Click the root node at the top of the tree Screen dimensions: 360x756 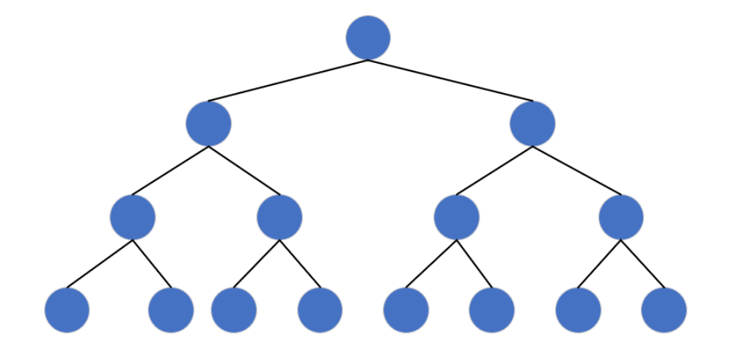[x=368, y=37]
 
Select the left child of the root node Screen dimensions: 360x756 [x=208, y=123]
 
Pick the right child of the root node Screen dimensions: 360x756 [x=532, y=123]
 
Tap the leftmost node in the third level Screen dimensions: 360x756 [x=133, y=217]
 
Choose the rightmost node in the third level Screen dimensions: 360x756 [x=621, y=217]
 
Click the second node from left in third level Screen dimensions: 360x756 [x=279, y=217]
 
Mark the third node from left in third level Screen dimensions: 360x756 [x=456, y=217]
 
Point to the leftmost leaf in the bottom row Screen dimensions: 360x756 [x=67, y=310]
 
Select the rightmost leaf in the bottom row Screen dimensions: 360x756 [x=664, y=310]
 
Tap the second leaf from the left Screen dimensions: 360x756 [x=171, y=310]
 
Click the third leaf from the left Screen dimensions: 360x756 [x=234, y=310]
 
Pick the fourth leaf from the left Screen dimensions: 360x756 [x=320, y=310]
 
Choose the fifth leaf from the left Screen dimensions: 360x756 [x=405, y=310]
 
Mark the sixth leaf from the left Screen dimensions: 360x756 [x=491, y=310]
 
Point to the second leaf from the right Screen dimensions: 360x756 [x=578, y=310]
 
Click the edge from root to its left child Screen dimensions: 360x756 [x=287, y=81]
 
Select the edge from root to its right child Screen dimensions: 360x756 [x=450, y=81]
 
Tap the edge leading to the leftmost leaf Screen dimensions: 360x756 [x=100, y=264]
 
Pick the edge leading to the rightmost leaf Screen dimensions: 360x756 [x=642, y=264]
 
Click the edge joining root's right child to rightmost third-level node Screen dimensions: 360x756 [x=577, y=171]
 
